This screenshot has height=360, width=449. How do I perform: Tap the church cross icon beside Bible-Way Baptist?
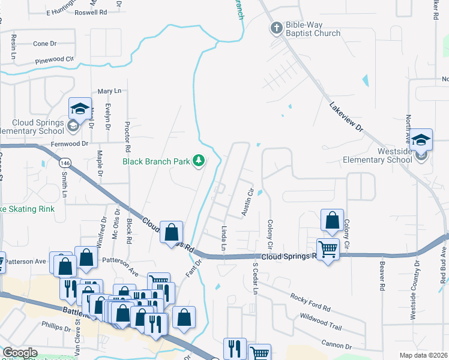pyautogui.click(x=276, y=27)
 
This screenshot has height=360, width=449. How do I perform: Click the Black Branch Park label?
pyautogui.click(x=156, y=161)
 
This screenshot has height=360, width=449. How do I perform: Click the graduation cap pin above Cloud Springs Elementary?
pyautogui.click(x=80, y=109)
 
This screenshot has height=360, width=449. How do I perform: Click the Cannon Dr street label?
pyautogui.click(x=336, y=346)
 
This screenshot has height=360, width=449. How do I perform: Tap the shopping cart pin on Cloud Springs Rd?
pyautogui.click(x=328, y=248)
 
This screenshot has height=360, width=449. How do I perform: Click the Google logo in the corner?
pyautogui.click(x=20, y=353)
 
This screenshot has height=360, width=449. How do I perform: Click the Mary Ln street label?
pyautogui.click(x=109, y=91)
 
